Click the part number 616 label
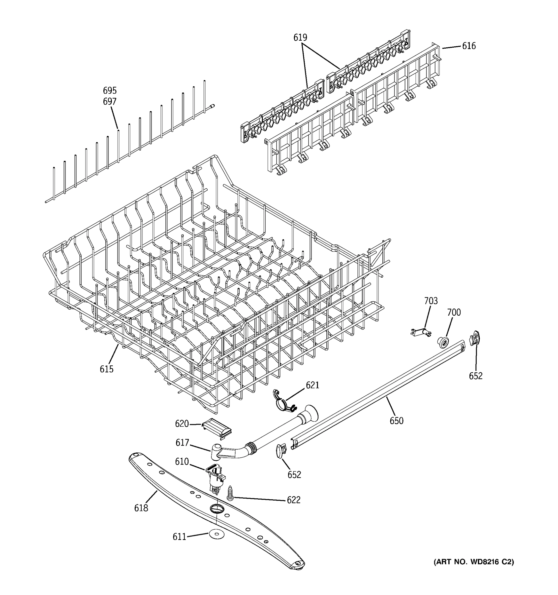point(469,46)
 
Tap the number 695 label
point(110,90)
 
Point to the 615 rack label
point(107,369)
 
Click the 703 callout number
point(431,301)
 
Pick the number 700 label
point(454,312)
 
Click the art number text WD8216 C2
point(474,562)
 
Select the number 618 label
point(141,508)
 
